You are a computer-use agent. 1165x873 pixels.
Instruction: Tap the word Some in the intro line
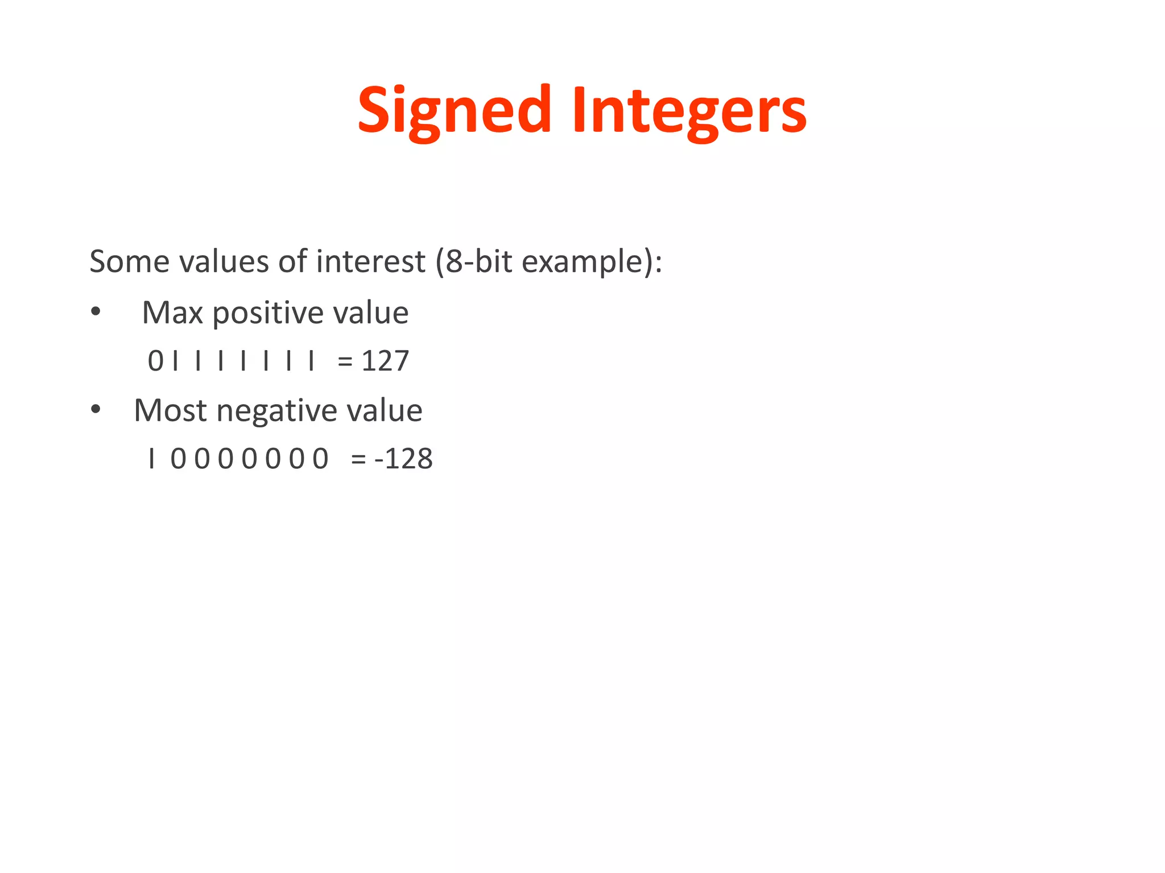pyautogui.click(x=129, y=262)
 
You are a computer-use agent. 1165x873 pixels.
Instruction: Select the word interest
pyautogui.click(x=370, y=262)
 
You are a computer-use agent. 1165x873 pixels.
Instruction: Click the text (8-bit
pyautogui.click(x=473, y=262)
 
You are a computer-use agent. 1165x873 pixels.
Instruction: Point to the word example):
pyautogui.click(x=592, y=262)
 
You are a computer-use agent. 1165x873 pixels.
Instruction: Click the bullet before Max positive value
pyautogui.click(x=96, y=311)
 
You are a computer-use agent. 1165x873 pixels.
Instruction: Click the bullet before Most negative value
pyautogui.click(x=96, y=409)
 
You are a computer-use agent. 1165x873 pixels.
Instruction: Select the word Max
pyautogui.click(x=172, y=313)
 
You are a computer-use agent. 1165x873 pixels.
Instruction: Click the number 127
pyautogui.click(x=385, y=361)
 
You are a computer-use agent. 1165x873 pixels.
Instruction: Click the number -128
pyautogui.click(x=403, y=459)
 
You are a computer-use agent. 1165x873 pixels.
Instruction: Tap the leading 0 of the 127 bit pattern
pyautogui.click(x=155, y=361)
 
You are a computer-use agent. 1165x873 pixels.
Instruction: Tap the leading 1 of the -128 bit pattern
pyautogui.click(x=151, y=459)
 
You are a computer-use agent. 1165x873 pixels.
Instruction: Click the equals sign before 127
pyautogui.click(x=345, y=361)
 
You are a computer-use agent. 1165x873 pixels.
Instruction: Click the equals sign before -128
pyautogui.click(x=358, y=459)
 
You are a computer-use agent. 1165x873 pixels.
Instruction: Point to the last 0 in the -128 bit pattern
pyautogui.click(x=320, y=459)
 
